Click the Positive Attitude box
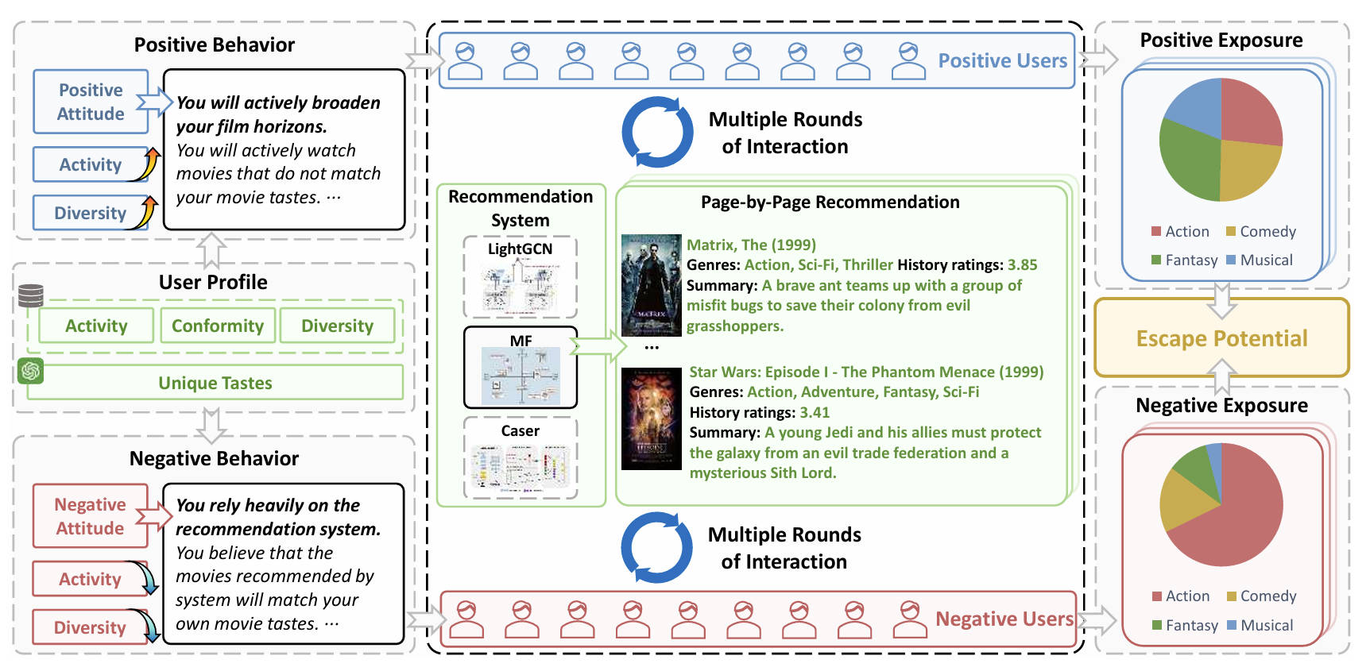coord(91,102)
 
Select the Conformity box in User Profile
coord(218,326)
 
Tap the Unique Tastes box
coord(215,383)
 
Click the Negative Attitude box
coord(90,516)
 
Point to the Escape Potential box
coord(1221,338)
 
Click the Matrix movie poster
coord(651,285)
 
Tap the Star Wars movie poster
coord(651,418)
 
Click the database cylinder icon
coord(31,295)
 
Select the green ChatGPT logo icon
coord(31,371)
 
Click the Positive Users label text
coord(1002,61)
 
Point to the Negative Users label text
coord(1004,619)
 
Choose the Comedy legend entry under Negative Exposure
coord(1261,596)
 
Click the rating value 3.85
coord(1022,264)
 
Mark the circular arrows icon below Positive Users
coord(657,132)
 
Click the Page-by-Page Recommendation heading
coord(830,202)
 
